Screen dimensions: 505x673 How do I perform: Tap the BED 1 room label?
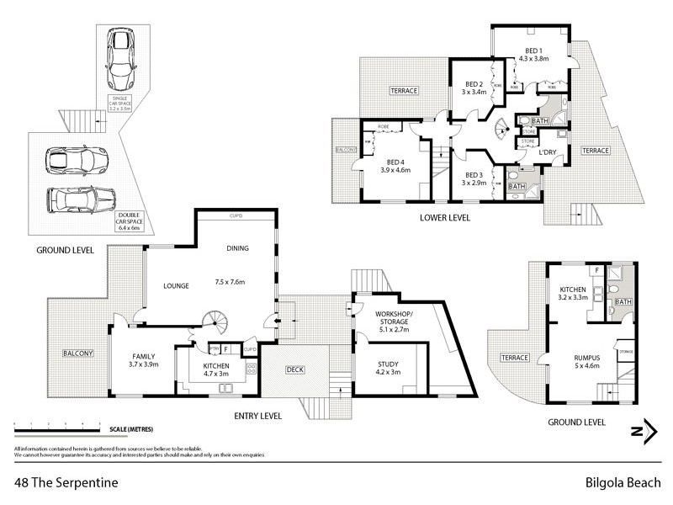click(536, 50)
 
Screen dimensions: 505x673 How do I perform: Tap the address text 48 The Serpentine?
click(66, 483)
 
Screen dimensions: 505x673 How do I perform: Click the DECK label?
click(294, 368)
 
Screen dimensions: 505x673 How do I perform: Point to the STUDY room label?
click(387, 364)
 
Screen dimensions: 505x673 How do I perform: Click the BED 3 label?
click(473, 174)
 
